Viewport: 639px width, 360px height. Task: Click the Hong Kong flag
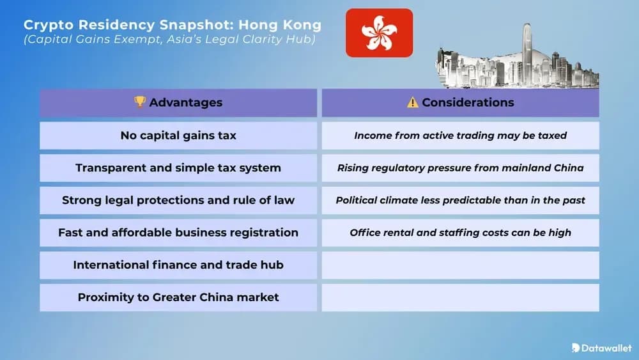coord(380,33)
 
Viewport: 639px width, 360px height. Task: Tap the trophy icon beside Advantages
coord(140,102)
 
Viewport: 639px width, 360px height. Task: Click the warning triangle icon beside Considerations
coord(413,102)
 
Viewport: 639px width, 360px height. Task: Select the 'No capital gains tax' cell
coord(178,136)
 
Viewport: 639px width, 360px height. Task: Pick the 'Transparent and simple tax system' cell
coord(178,168)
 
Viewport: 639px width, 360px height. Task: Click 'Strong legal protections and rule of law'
coord(178,200)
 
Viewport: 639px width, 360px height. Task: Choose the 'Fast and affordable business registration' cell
coord(178,233)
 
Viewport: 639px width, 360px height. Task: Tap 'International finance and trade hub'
coord(178,265)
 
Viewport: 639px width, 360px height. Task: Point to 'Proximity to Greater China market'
coord(178,297)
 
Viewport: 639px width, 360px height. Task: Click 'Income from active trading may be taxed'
coord(460,136)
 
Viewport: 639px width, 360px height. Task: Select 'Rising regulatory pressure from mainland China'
coord(460,168)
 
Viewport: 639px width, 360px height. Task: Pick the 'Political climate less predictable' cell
coord(460,200)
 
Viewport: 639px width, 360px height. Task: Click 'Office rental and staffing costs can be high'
coord(460,233)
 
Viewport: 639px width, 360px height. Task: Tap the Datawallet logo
coord(601,348)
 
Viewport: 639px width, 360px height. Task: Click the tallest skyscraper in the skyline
coord(527,54)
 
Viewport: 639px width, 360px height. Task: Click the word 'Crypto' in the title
coord(47,26)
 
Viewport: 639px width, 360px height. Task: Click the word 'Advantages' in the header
coord(185,102)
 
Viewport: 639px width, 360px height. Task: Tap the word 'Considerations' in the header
coord(468,102)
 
